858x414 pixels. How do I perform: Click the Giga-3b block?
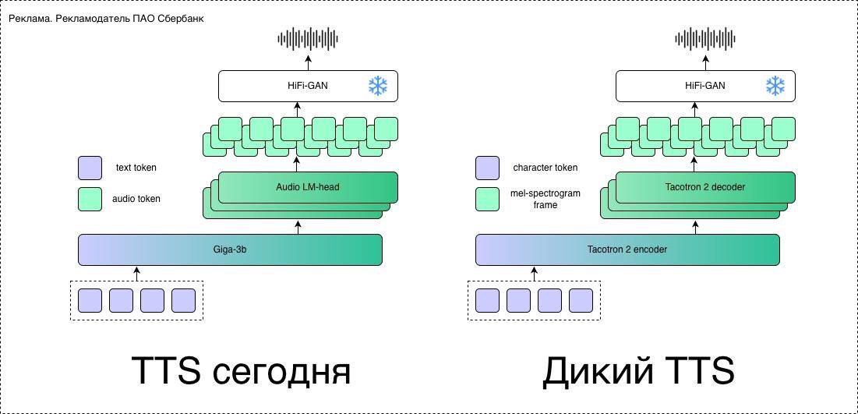pos(230,249)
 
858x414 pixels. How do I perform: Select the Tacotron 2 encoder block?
pos(627,249)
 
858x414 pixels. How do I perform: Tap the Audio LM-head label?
pos(308,187)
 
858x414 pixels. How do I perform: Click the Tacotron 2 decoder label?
pos(705,187)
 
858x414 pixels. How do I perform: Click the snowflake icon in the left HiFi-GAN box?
pos(378,86)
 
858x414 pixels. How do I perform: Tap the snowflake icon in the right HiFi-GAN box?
pos(775,86)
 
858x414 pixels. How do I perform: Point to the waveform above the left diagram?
pos(309,38)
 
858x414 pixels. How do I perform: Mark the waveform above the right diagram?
pos(706,38)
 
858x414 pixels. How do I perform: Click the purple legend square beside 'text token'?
pos(90,168)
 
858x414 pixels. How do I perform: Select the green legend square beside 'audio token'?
pos(90,199)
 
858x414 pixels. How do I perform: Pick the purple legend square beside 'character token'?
pos(487,168)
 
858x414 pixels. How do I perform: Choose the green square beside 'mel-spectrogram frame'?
pos(487,199)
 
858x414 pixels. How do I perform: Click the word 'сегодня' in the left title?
pos(281,372)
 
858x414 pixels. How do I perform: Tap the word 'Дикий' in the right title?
pos(596,372)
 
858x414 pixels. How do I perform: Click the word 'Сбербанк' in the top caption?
pos(182,18)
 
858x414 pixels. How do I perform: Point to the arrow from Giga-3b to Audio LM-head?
pos(297,226)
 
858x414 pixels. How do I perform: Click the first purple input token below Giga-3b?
pos(90,300)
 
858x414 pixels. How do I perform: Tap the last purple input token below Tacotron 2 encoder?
pos(581,300)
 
